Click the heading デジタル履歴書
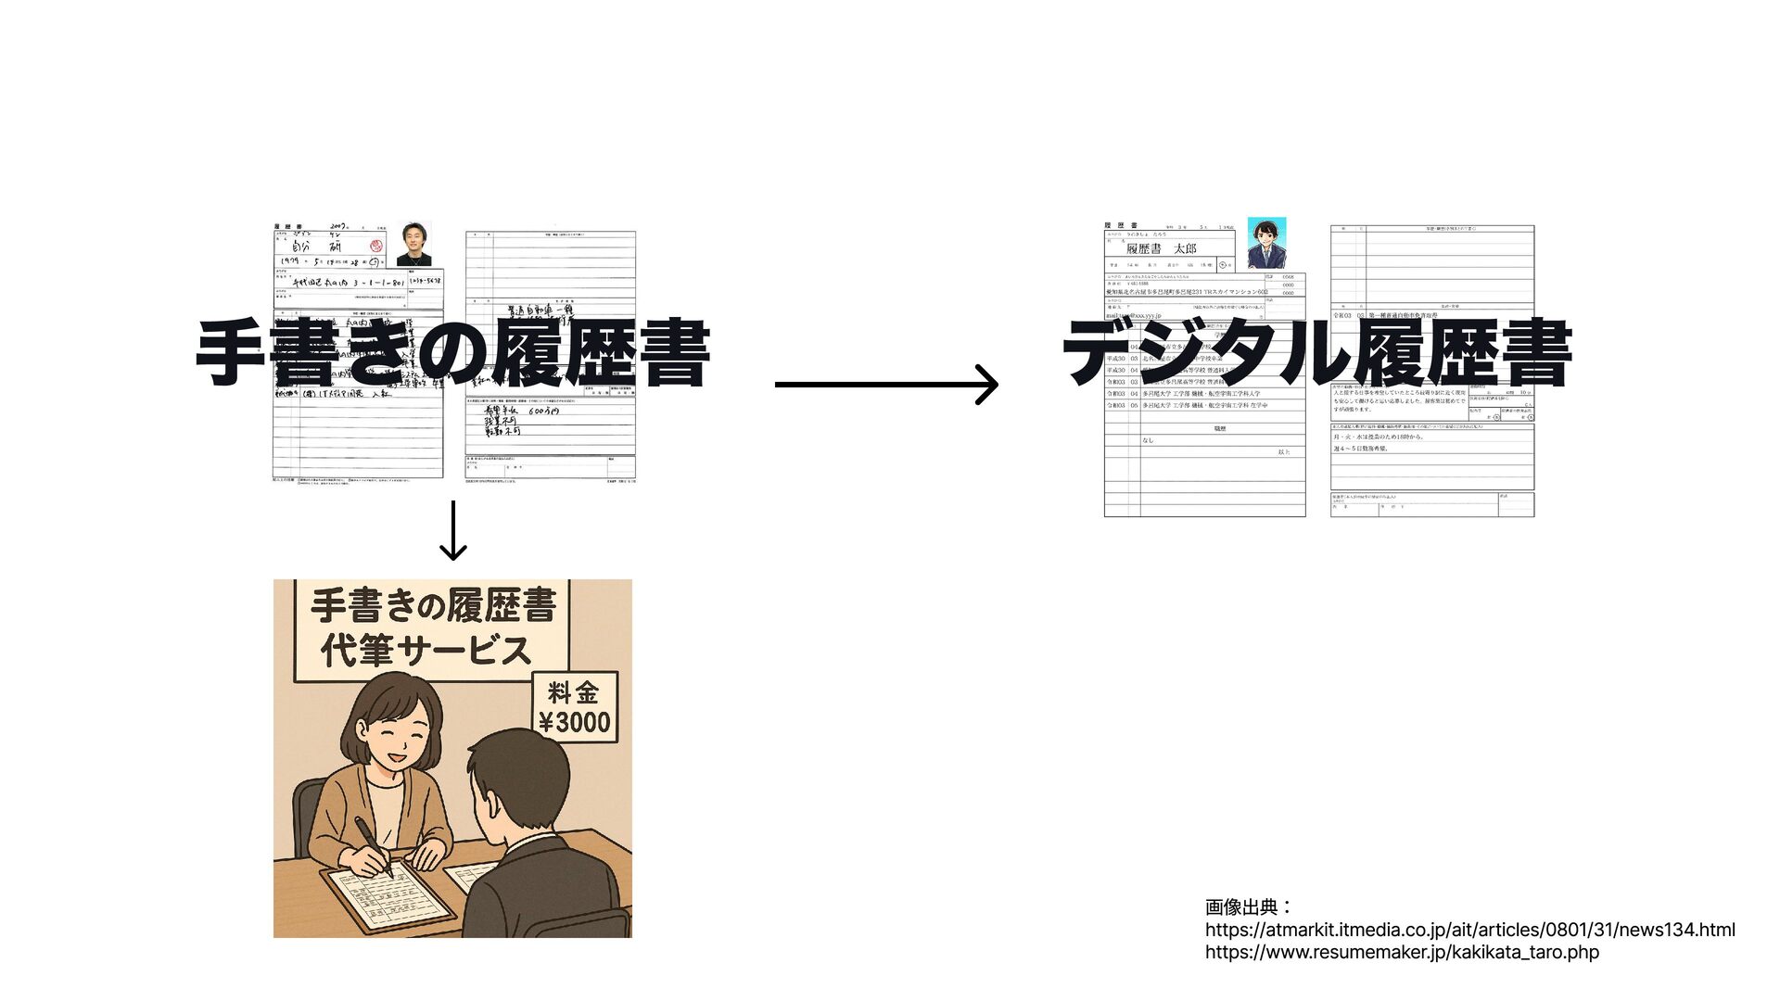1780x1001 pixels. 1316,352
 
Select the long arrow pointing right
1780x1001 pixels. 885,384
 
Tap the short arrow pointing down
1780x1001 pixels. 452,531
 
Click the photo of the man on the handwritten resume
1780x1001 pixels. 413,244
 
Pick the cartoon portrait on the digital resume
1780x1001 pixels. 1265,243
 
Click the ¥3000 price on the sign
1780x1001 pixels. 575,722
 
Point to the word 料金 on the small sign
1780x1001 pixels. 574,692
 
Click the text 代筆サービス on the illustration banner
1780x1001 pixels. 426,650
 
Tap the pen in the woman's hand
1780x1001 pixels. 374,843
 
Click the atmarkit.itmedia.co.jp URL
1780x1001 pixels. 1469,930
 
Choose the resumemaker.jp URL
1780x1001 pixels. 1402,952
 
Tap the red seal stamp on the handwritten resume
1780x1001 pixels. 376,247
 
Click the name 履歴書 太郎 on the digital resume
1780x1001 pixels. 1161,248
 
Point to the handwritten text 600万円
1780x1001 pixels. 543,411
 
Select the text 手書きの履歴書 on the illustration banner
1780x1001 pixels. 433,606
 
